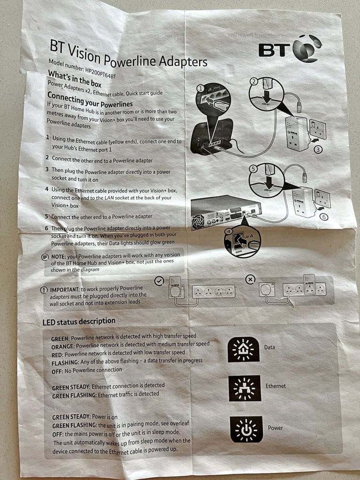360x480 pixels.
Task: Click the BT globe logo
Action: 307,49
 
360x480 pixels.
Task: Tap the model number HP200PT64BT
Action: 101,72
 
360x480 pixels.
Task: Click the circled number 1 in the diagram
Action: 200,89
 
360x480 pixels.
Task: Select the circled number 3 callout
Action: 318,150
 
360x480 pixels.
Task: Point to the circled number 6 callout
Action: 323,217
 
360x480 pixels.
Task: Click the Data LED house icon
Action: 243,349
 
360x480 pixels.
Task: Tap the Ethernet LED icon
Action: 245,388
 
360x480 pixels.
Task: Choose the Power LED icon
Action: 246,429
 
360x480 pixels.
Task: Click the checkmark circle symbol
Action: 159,281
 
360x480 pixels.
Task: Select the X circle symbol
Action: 251,279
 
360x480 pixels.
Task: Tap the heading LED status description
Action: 79,322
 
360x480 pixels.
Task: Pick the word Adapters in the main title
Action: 183,61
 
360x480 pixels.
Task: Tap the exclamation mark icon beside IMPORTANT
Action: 44,290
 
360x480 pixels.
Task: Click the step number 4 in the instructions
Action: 47,189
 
